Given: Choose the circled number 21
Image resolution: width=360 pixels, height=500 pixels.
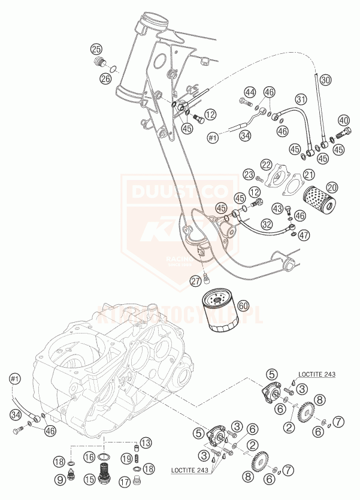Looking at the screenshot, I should point(308,174).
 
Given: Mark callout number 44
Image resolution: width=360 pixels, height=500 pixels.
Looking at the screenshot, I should point(249,92).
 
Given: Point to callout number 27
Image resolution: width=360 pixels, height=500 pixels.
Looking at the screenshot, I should point(196,280).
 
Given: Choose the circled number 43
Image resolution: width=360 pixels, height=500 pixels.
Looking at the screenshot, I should point(277,208).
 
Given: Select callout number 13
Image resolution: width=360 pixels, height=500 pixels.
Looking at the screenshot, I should point(146,443).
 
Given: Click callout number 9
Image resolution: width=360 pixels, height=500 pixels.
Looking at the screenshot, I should point(60,479).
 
